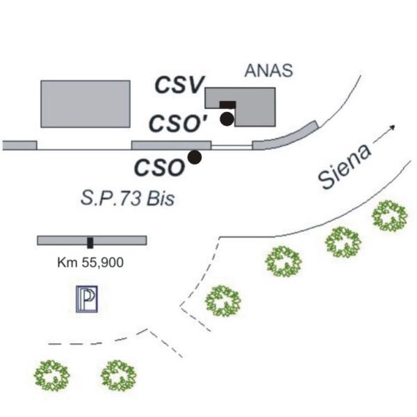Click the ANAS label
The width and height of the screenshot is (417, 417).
tap(268, 71)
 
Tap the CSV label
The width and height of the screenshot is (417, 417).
tap(180, 85)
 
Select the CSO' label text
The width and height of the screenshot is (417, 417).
tap(178, 124)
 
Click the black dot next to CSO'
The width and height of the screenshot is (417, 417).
tap(227, 119)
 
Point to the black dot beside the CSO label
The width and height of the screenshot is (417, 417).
tap(195, 157)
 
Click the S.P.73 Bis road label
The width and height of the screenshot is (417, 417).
tap(128, 198)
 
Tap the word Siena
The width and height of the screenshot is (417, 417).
tap(345, 166)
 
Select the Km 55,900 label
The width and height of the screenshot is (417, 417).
tap(90, 263)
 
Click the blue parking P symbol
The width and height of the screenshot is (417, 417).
tap(87, 299)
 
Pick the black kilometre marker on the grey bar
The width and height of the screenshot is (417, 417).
tap(90, 243)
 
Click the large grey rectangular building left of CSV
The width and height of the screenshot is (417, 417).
tap(85, 104)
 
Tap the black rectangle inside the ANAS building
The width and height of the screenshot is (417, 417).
tap(227, 105)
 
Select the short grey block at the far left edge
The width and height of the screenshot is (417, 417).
tap(20, 145)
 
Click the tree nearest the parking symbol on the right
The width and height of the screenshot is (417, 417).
tap(223, 301)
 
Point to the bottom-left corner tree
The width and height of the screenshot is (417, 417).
tap(51, 376)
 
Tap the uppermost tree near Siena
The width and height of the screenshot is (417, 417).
tap(390, 215)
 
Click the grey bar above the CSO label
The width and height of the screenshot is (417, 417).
tap(172, 145)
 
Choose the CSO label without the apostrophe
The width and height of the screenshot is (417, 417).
tap(160, 167)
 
